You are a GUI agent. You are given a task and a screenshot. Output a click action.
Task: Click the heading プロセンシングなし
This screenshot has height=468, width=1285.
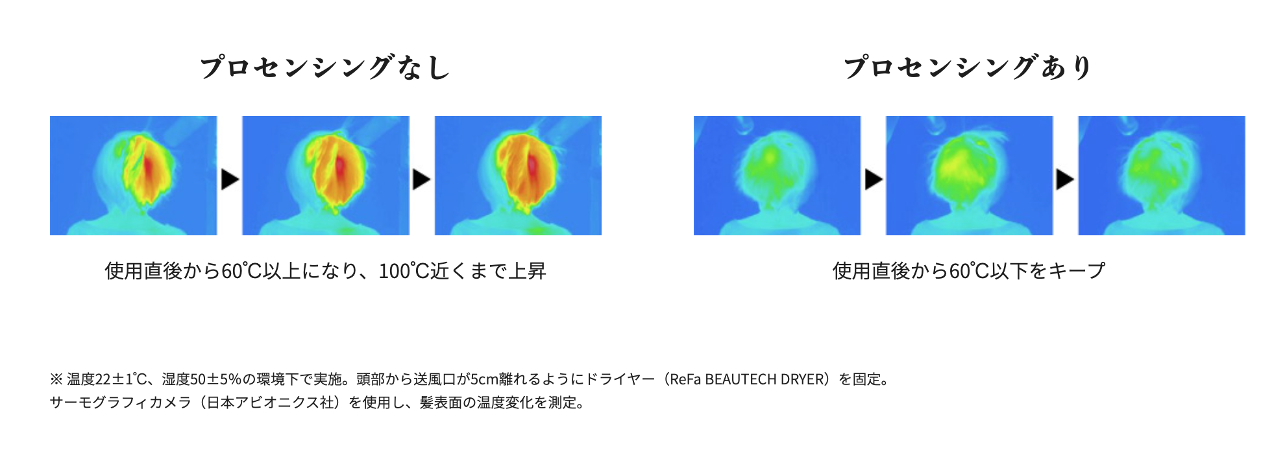tap(325, 67)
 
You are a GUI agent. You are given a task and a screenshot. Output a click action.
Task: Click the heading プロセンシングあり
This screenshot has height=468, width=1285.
tap(968, 67)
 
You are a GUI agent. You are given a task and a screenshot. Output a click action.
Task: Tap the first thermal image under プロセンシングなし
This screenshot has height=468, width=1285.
tap(134, 176)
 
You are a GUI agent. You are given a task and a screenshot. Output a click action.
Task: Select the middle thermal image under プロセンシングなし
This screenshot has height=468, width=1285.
tap(326, 176)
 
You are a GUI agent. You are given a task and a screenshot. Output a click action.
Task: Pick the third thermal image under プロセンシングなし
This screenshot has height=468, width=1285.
tap(518, 176)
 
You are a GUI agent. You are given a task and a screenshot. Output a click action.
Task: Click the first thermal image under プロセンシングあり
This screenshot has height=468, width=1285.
tap(777, 176)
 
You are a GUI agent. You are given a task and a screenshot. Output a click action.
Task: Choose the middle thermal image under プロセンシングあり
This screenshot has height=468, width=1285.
tap(969, 176)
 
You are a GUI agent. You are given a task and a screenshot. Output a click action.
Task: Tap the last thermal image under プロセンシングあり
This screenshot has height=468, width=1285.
tap(1162, 176)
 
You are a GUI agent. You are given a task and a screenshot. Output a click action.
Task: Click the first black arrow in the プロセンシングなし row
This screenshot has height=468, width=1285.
tap(230, 179)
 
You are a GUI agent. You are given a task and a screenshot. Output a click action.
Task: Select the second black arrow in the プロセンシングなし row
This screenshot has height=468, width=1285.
tap(422, 179)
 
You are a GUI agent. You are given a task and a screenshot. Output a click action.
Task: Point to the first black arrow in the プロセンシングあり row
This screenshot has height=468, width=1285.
tap(874, 179)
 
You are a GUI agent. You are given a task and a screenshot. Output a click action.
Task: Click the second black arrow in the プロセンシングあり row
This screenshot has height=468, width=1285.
tap(1065, 179)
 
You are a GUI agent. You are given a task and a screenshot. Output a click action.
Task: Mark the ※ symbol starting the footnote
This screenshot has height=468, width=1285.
tap(56, 379)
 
